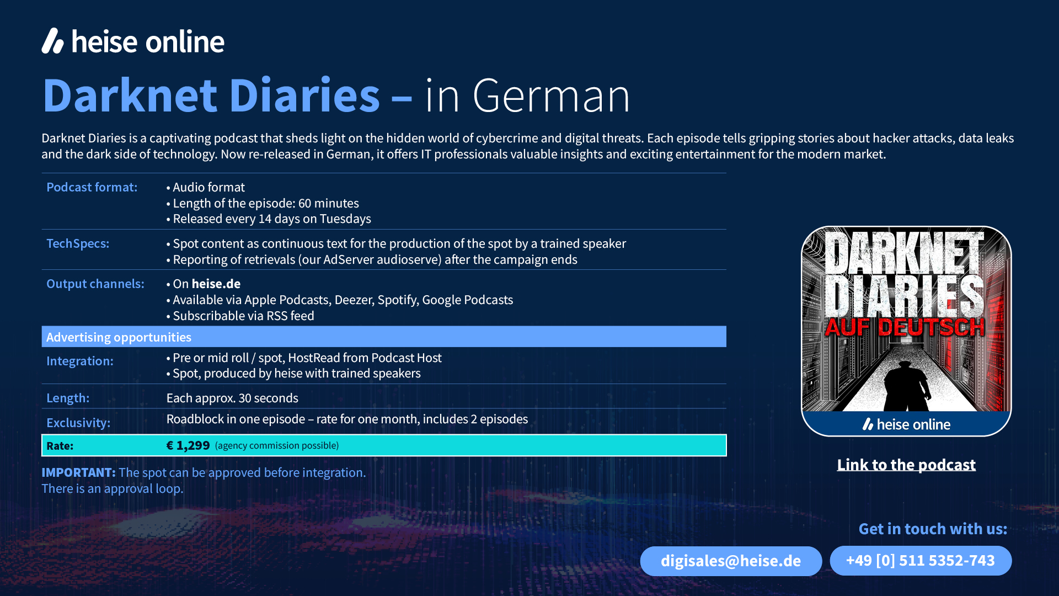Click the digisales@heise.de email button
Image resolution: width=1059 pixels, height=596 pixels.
point(731,561)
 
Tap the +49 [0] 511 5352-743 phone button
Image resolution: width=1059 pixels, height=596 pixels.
point(921,561)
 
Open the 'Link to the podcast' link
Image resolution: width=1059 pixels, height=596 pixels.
point(906,465)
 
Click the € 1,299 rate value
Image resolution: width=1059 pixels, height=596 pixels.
point(188,445)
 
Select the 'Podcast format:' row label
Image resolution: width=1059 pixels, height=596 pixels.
point(92,187)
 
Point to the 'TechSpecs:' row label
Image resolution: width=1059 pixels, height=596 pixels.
point(78,243)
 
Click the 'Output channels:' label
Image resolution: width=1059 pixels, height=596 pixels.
point(95,284)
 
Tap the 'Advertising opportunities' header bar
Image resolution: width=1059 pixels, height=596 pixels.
point(384,337)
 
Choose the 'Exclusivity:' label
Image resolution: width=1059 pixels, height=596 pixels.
point(78,423)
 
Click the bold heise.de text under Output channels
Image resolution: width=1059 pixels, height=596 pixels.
point(216,284)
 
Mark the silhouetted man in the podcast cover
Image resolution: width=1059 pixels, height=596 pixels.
point(906,386)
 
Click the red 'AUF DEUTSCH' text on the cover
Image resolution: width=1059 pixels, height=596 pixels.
point(905,327)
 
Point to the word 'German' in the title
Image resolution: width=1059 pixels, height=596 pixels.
point(551,95)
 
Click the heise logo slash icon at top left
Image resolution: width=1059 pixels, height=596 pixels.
point(53,41)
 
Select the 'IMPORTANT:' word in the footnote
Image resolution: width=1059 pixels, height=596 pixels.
point(78,472)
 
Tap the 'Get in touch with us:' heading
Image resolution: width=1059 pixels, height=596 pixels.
point(933,529)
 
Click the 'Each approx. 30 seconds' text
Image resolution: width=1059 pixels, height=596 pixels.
point(232,398)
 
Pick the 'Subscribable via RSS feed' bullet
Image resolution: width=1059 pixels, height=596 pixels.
point(240,316)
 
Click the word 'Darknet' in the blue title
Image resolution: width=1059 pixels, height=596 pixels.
point(130,95)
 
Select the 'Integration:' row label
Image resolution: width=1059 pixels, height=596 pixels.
point(80,361)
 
